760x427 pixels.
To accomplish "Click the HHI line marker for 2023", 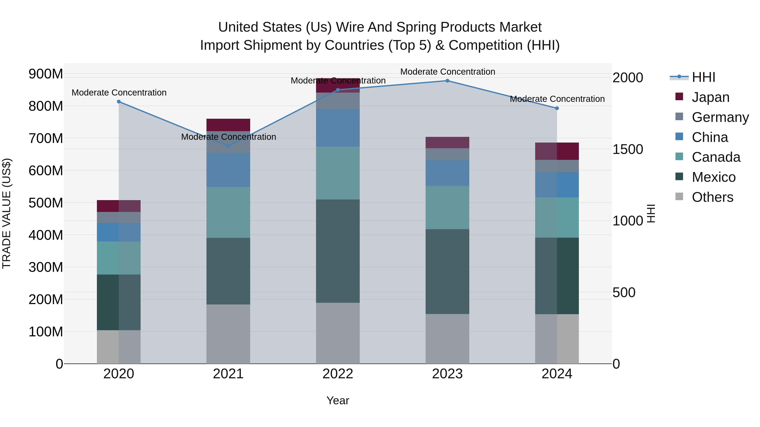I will [447, 81].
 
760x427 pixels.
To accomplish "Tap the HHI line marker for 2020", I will [119, 102].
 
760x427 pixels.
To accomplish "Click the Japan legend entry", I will [710, 97].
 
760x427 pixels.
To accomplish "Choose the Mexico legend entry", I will [713, 177].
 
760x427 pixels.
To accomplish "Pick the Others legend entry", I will [712, 197].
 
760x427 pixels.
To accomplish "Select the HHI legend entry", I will [703, 77].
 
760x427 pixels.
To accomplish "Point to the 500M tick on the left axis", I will [46, 203].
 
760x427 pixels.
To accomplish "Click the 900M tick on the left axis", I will [46, 74].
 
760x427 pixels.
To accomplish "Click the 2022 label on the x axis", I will [338, 374].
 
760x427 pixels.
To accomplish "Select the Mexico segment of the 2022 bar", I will [338, 251].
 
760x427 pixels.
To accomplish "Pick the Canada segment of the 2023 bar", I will [447, 207].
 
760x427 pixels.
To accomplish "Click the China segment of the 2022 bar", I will [338, 128].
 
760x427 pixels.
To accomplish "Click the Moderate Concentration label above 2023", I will [447, 72].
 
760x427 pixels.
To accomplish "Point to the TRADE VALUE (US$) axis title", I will [7, 213].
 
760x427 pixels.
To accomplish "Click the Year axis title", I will [338, 400].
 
